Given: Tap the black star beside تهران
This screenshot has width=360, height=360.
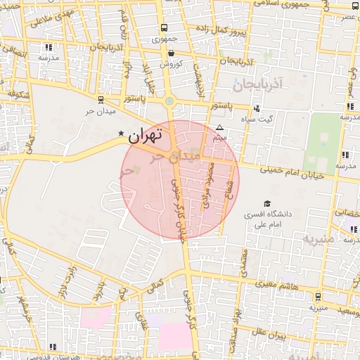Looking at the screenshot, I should point(121,134).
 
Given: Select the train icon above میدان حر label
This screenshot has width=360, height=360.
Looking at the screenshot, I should point(101,100).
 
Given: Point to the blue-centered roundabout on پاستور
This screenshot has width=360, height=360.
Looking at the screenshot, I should point(169,101).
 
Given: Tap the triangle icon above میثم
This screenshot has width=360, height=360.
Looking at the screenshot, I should point(220,128).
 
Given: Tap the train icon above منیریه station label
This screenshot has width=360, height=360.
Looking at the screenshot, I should point(317,296).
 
